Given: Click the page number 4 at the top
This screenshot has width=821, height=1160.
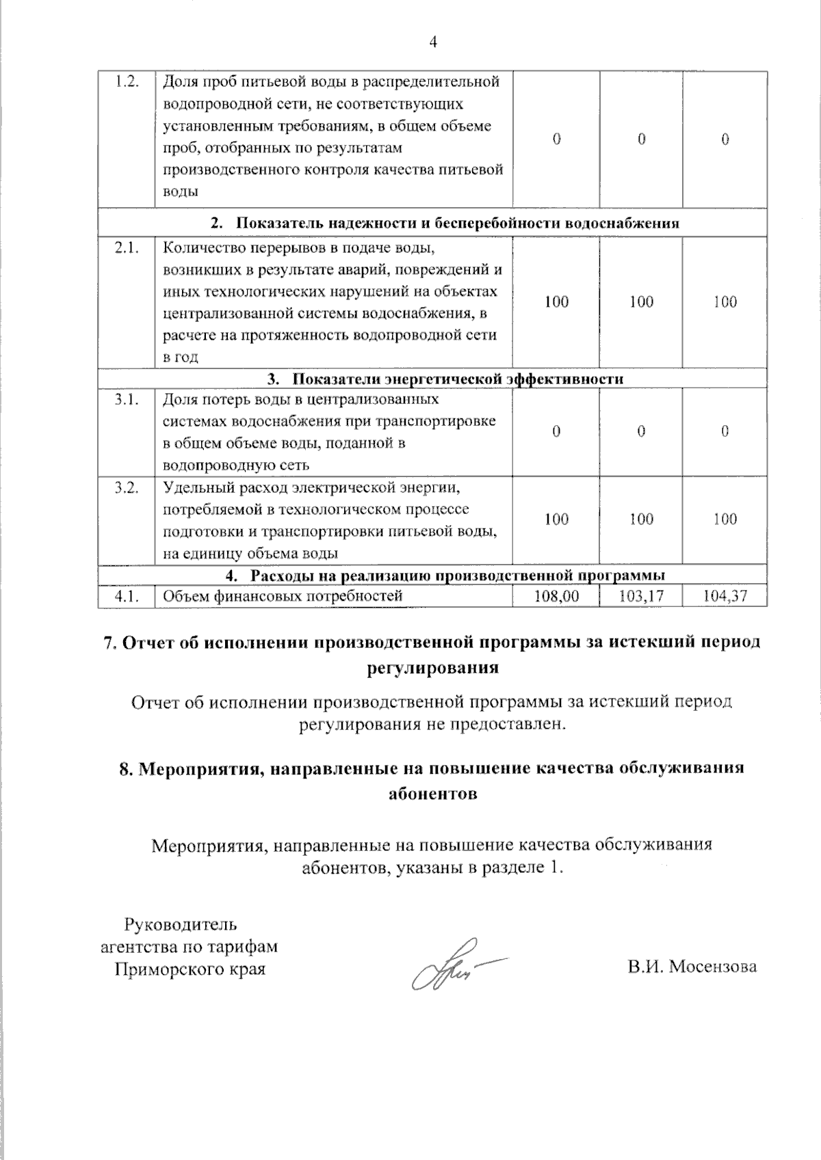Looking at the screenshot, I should (432, 42).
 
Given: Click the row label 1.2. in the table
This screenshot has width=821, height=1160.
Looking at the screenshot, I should (127, 82).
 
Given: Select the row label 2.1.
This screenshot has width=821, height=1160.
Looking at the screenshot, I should (127, 248).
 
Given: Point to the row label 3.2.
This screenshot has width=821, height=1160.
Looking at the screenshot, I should (127, 487).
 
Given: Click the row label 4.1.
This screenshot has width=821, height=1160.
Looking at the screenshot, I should (127, 596).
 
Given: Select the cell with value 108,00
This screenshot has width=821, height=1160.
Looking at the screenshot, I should (556, 596).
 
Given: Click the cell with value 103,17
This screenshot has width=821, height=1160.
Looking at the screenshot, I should (641, 596).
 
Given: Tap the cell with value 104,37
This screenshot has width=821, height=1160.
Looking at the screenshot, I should (725, 596).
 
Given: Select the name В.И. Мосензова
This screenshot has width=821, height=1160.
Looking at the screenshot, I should (692, 967).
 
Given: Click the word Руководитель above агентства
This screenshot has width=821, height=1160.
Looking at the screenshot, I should (180, 925).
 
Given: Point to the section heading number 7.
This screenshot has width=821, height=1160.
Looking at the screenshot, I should (108, 643).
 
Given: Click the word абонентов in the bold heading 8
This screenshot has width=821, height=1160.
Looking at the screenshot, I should (432, 794).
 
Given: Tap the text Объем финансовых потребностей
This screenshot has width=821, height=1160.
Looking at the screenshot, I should (283, 596).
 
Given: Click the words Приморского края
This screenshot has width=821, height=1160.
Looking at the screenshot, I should (190, 969).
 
